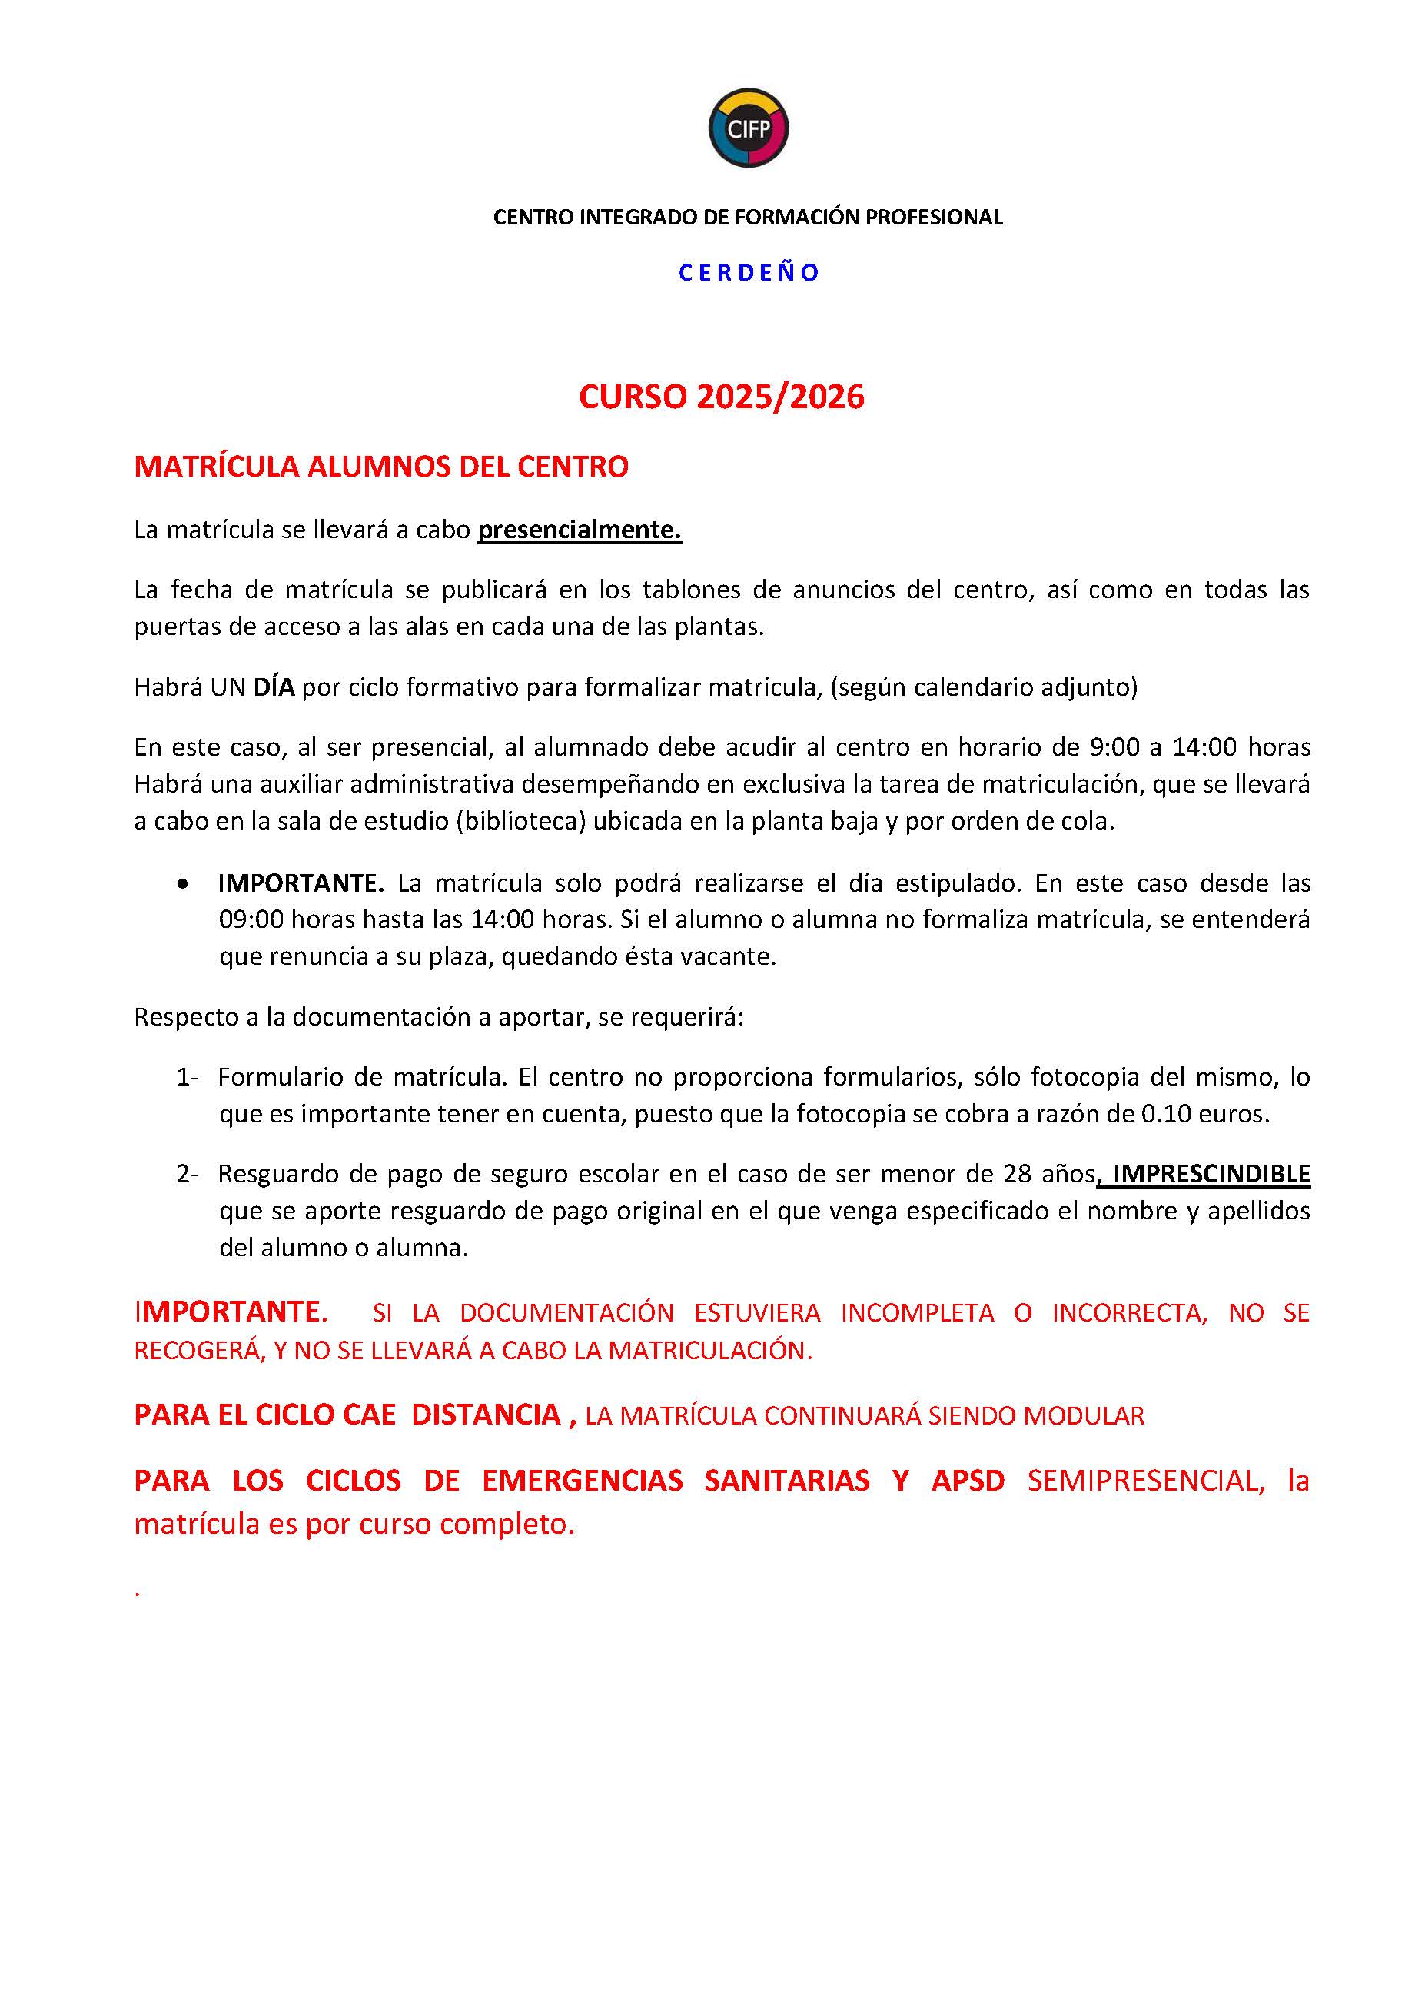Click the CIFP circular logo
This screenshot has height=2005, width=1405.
pos(748,128)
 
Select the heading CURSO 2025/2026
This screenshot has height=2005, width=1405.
pos(721,397)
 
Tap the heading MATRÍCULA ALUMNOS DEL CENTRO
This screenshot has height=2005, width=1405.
pos(380,467)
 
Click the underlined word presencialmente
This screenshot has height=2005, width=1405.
pos(579,530)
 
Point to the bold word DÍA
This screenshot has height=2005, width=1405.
pos(274,687)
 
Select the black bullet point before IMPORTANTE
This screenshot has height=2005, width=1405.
pos(181,885)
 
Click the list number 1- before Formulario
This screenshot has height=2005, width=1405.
pos(187,1078)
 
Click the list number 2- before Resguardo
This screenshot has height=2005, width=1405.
pos(187,1175)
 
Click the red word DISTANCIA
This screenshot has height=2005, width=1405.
pos(486,1415)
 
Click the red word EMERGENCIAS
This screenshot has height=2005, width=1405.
pos(583,1481)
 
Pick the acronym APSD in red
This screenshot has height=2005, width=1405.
pos(968,1481)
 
